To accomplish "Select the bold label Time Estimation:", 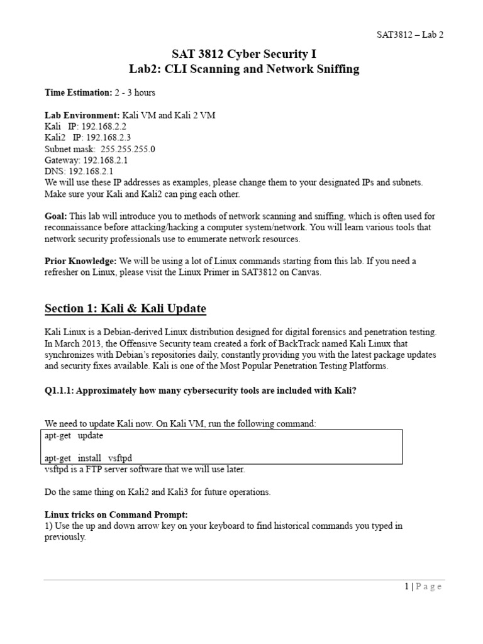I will pos(78,92).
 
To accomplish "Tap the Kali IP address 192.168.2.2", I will pos(101,126).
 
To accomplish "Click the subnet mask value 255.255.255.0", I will pos(128,148).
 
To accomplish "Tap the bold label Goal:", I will pos(57,216).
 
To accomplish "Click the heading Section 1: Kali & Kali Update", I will pos(125,308).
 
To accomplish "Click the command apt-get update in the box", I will pos(74,435).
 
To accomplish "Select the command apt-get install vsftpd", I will pos(89,457).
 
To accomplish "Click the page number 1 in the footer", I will pos(407,586).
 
